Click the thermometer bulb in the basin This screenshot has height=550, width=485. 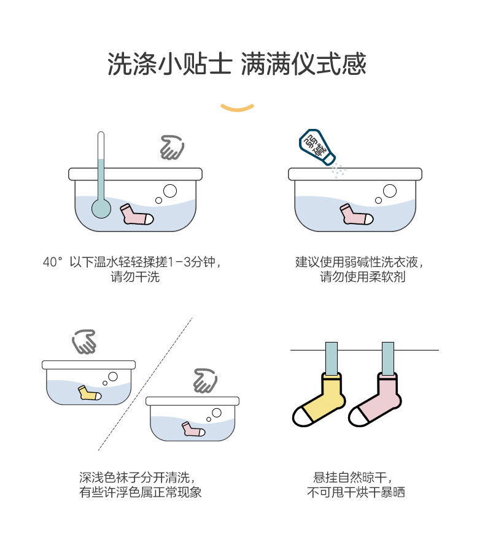click(x=101, y=209)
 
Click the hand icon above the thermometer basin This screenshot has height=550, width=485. click(x=172, y=148)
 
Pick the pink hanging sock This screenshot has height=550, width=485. click(x=375, y=401)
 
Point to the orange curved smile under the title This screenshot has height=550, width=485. click(x=237, y=108)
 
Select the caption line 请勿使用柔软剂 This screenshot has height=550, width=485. click(x=362, y=277)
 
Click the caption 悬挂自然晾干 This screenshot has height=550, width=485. click(x=352, y=477)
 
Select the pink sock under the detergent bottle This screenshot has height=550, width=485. click(x=357, y=215)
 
